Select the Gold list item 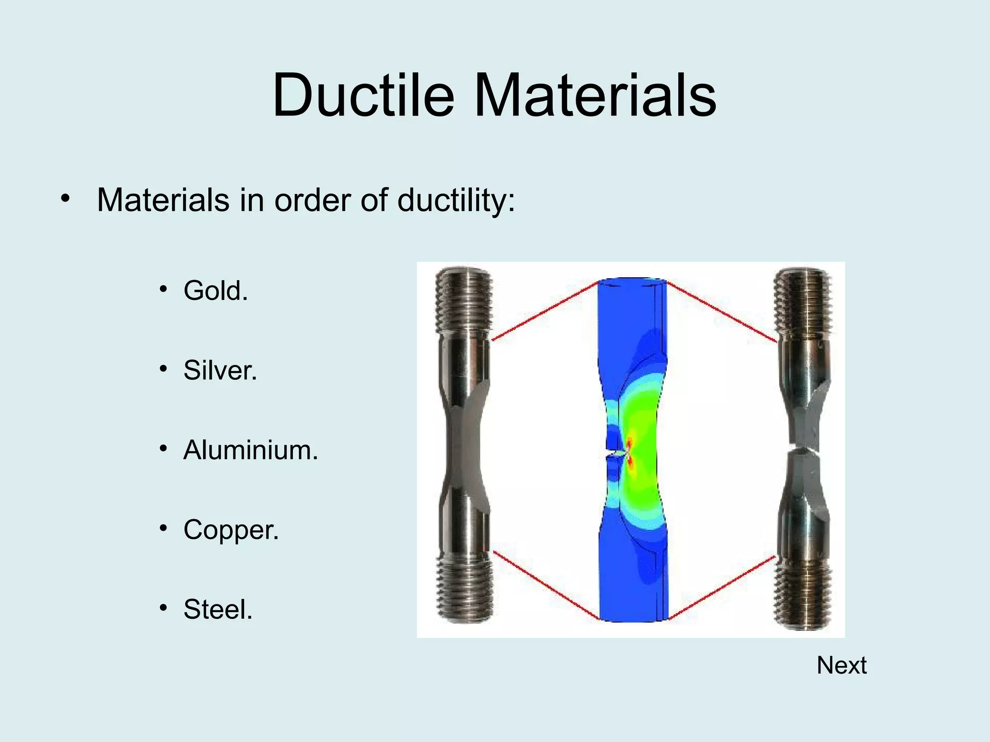click(216, 291)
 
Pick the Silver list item click(220, 371)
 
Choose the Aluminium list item click(250, 450)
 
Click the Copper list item click(231, 530)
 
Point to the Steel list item click(218, 610)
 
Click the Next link click(841, 666)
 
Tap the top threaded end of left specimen click(464, 300)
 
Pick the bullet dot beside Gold click(164, 289)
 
